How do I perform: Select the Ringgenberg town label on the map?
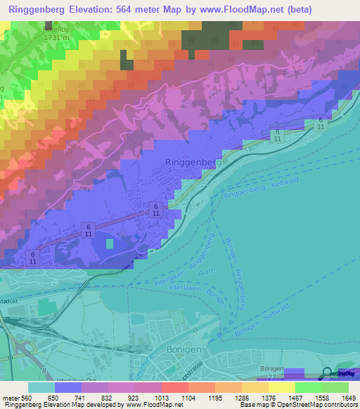(x=193, y=162)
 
